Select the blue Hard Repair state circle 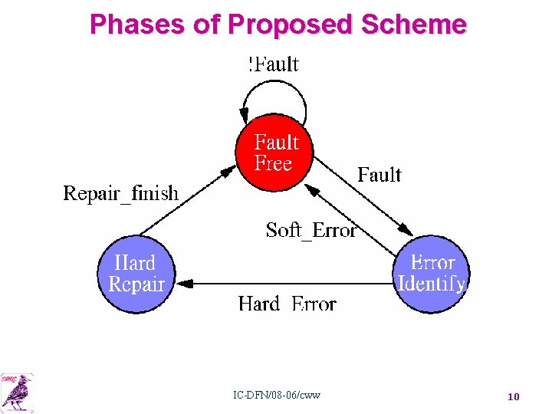click(x=136, y=274)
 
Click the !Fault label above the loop click(x=274, y=64)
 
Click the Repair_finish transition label click(x=120, y=193)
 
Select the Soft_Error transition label click(x=310, y=230)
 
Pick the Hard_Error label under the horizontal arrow click(x=287, y=304)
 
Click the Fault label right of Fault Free click(x=379, y=175)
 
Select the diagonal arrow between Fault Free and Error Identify click(x=360, y=202)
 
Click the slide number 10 click(x=513, y=396)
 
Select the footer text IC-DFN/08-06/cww click(x=277, y=396)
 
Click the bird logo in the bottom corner click(x=18, y=391)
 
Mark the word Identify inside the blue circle click(x=431, y=284)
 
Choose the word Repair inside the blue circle click(x=136, y=284)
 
